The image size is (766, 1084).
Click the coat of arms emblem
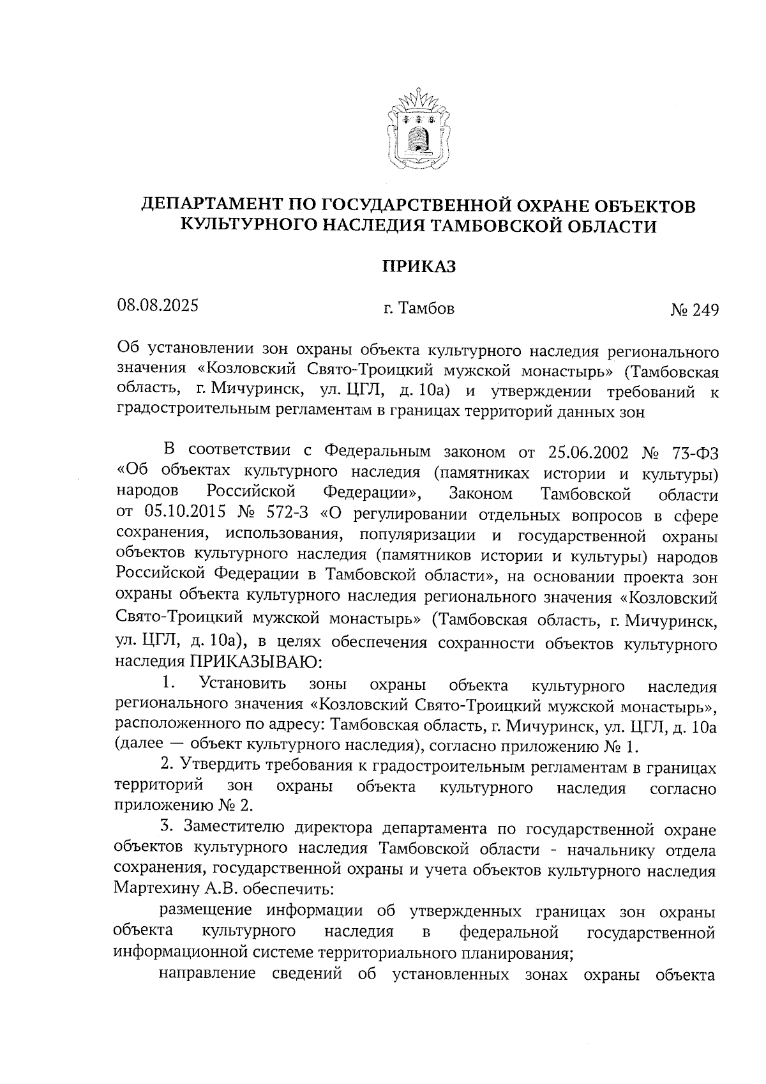point(418,129)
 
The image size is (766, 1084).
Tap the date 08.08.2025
point(158,305)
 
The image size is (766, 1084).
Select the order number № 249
point(694,310)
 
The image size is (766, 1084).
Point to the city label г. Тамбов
point(419,309)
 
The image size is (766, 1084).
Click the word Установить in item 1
point(243,683)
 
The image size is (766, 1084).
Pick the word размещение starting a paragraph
point(207,910)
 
